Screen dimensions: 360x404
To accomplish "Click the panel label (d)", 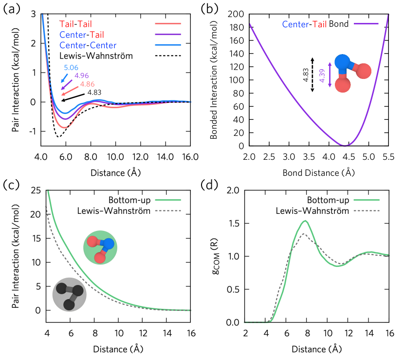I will [x=211, y=186].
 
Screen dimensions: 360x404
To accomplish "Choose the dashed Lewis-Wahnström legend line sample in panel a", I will [x=168, y=56].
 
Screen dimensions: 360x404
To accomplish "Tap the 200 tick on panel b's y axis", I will [x=236, y=15].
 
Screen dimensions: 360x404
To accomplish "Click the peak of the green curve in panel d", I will [x=305, y=221].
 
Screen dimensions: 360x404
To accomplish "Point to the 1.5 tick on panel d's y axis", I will [x=234, y=224].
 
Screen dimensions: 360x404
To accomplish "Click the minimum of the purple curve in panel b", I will [x=345, y=146].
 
